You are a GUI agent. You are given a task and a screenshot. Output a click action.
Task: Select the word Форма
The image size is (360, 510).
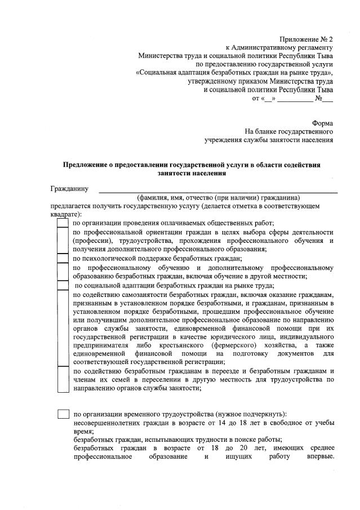322,123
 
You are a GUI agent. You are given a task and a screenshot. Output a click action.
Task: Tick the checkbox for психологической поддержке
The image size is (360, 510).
63,258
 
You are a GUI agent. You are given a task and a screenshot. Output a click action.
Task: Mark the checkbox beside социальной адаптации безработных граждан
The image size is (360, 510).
63,285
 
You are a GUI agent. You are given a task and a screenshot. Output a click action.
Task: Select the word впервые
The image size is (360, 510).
320,456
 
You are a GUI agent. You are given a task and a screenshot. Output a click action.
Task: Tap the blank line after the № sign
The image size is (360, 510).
328,99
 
